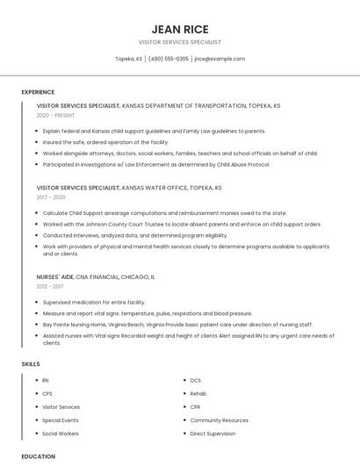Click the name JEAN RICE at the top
[180, 28]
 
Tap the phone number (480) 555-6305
[168, 59]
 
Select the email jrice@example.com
[220, 59]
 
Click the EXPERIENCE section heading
[38, 92]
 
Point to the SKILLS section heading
[31, 363]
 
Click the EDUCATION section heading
[38, 456]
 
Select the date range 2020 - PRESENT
[55, 115]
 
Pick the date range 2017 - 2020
[51, 197]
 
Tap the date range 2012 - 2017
[50, 286]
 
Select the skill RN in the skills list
[46, 380]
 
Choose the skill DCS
[195, 380]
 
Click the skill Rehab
[198, 393]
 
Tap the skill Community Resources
[219, 420]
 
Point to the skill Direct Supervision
[212, 433]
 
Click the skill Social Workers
[61, 433]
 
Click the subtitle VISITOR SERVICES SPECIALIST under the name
[180, 42]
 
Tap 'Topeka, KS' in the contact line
[129, 59]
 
